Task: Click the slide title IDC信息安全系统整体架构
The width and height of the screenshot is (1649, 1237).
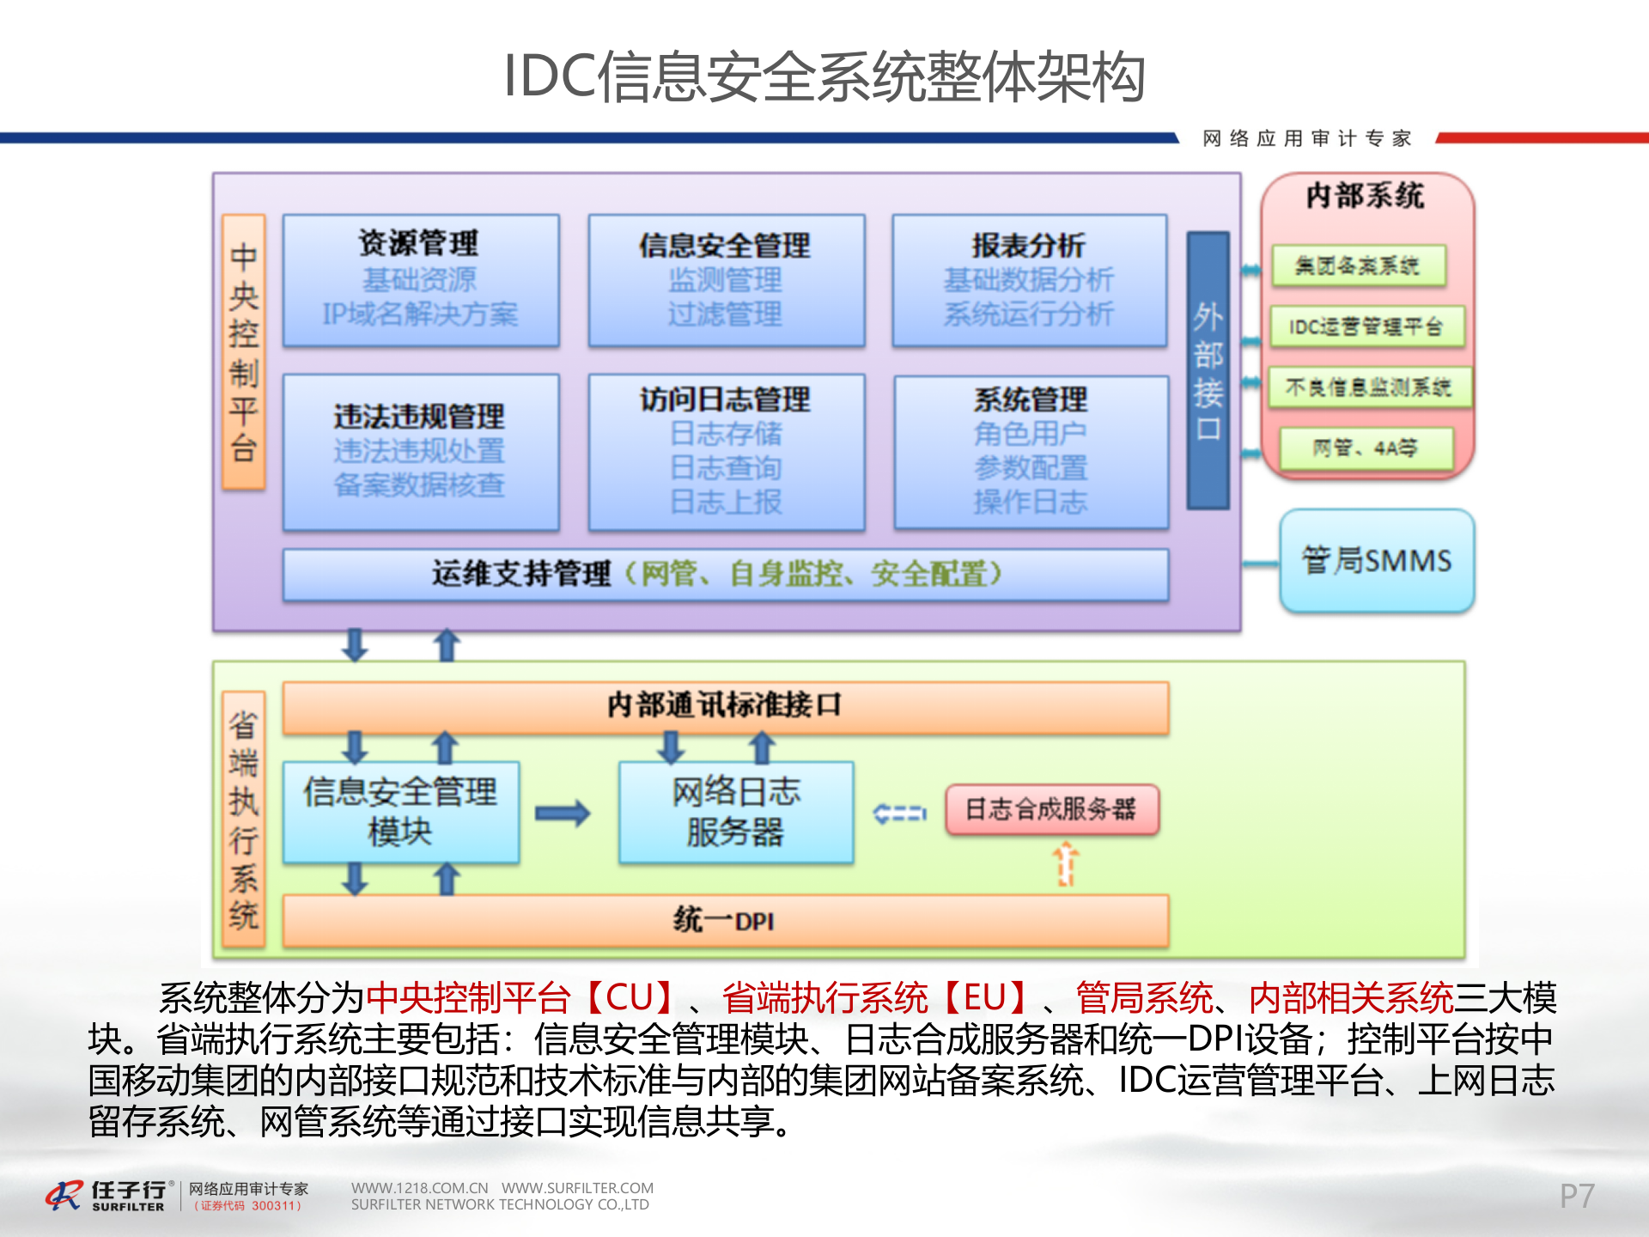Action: coord(824,76)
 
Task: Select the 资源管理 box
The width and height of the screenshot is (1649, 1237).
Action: coord(421,280)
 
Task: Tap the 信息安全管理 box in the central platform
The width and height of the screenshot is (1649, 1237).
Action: coord(726,280)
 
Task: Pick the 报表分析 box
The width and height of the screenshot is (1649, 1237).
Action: coord(1029,280)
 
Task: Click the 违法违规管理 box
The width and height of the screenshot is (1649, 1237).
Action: coord(421,452)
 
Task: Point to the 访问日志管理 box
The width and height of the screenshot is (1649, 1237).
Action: coord(726,452)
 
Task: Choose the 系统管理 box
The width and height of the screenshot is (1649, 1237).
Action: coord(1031,452)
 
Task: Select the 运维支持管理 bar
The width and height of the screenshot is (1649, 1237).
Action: coord(726,574)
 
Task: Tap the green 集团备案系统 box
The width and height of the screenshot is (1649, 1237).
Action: coord(1358,265)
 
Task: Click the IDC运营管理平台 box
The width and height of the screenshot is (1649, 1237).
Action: coord(1366,326)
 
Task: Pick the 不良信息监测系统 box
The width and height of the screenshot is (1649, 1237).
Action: coord(1368,387)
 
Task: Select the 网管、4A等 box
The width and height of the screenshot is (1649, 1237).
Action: coord(1366,448)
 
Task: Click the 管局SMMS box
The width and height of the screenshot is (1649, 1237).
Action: coord(1377,561)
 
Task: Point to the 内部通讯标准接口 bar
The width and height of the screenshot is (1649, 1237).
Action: coord(726,706)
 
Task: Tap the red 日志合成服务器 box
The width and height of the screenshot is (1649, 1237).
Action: coord(1052,809)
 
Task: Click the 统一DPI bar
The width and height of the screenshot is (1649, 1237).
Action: coord(726,921)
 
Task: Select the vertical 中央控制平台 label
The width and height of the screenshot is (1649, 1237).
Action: coord(244,352)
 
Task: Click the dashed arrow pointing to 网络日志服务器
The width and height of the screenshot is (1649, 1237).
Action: coord(899,813)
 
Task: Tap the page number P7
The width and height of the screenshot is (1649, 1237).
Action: coord(1577,1196)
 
